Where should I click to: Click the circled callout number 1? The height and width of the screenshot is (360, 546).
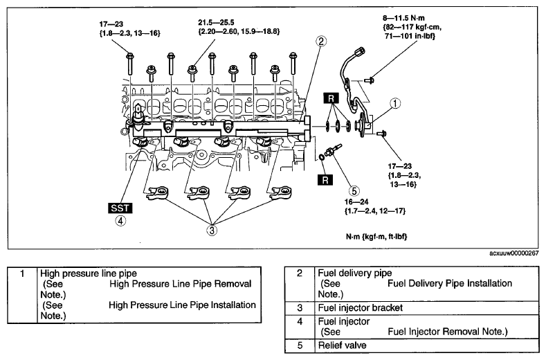point(395,104)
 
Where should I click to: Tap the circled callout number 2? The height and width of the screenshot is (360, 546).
point(320,42)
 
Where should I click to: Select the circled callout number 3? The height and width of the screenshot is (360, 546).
point(212,231)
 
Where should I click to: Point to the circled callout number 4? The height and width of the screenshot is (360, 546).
point(120,221)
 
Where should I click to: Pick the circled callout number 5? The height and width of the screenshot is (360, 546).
point(354,191)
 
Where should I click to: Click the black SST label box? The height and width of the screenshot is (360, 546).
point(120,208)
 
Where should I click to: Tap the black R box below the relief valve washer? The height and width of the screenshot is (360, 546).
point(325,180)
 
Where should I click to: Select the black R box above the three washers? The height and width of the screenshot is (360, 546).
point(331,98)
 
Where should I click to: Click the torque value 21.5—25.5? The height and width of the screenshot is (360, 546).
point(216,23)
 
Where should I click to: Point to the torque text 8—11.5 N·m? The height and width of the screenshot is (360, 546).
point(403,18)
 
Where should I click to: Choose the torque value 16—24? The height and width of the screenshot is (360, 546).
point(356,201)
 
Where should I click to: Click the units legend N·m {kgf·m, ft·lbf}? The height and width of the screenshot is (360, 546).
point(376,237)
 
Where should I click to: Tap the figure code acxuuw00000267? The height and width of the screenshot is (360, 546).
point(514,253)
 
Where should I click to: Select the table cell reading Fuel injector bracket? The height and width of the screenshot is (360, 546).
point(361,307)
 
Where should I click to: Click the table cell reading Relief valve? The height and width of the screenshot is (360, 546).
point(343,345)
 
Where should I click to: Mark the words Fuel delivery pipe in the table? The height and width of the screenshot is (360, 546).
point(355,273)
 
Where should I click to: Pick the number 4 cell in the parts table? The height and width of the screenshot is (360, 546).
point(300,321)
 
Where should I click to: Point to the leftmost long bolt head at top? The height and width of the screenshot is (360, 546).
point(129,56)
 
